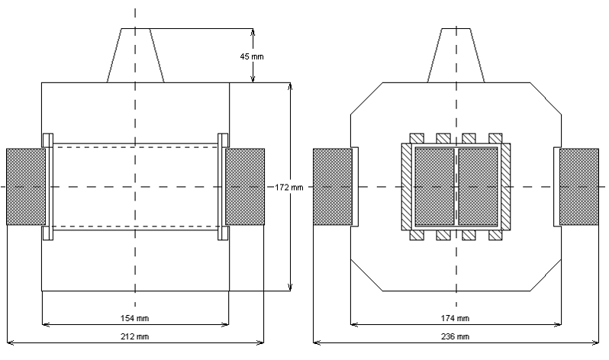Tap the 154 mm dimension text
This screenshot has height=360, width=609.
point(136,317)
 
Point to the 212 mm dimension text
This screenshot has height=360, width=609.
point(136,336)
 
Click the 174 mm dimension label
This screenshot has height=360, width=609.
point(456,317)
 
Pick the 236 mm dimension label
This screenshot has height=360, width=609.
point(456,336)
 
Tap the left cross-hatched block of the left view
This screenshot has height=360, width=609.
point(25,187)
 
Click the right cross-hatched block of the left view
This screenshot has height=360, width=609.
point(245,187)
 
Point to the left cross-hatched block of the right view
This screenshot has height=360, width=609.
point(332,187)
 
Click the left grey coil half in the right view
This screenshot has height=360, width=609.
point(434,187)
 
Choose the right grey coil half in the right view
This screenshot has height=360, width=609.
point(477,187)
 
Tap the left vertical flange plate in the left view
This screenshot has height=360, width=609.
point(48,187)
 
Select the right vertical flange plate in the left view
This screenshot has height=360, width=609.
point(223,187)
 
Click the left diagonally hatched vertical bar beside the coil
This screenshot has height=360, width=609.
point(407,187)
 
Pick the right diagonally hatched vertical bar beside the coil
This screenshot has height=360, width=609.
point(504,187)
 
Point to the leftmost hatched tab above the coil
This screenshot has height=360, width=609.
point(417,139)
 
